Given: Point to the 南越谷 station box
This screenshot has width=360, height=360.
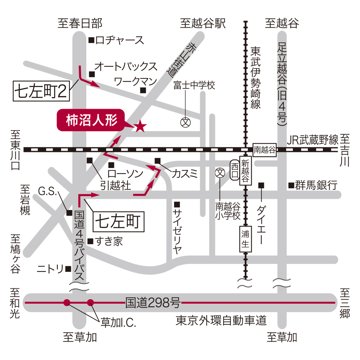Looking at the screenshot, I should pos(265,149).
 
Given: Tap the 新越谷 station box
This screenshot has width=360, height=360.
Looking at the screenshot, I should pos(245,171).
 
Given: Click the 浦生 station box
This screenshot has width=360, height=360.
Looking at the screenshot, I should pos(246,238).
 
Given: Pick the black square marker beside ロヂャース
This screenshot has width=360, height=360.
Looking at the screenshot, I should pos(91,40).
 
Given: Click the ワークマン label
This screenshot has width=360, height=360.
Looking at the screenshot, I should pos(130,81).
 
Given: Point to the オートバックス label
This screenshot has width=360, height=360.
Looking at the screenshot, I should pos(126,67).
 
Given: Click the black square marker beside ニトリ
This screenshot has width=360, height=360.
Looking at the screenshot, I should pos(68,268).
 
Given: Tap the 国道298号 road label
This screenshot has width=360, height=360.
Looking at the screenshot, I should pos(153,302).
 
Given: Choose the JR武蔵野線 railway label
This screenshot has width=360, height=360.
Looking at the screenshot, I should pos(313,139).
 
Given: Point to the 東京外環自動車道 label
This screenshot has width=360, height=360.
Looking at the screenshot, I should pos(221,321).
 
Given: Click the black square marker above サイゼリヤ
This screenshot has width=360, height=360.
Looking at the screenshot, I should pos(177,204).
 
